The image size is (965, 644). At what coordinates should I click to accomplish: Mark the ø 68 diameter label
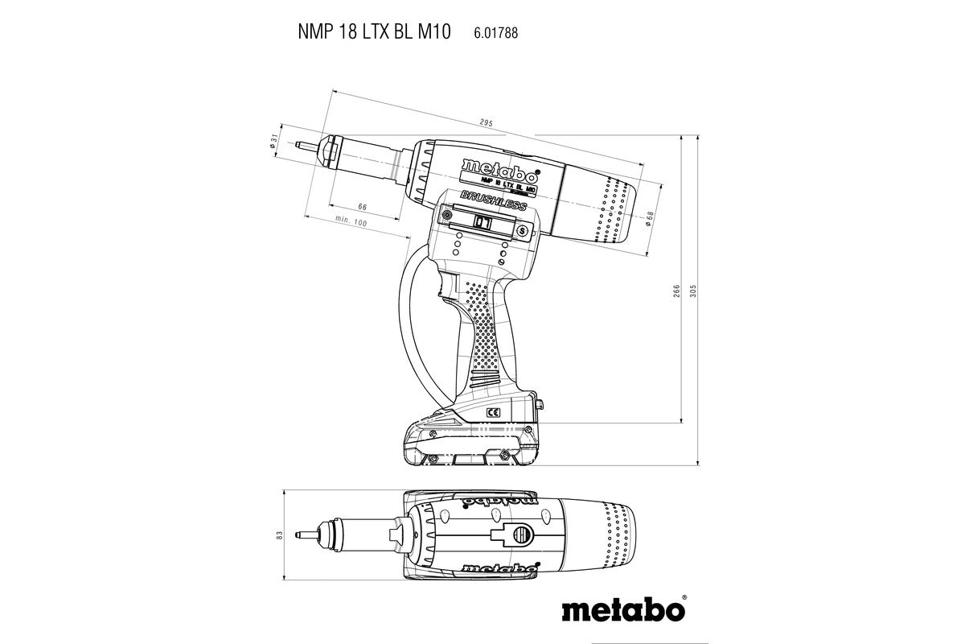tap(650, 217)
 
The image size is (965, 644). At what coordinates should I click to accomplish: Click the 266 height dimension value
tap(677, 291)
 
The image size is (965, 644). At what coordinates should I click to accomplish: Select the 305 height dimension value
tap(692, 291)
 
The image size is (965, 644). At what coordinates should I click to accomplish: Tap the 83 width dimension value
tap(278, 534)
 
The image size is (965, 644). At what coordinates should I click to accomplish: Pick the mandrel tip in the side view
tap(301, 146)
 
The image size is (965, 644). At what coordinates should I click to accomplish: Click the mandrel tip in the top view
tap(301, 534)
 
